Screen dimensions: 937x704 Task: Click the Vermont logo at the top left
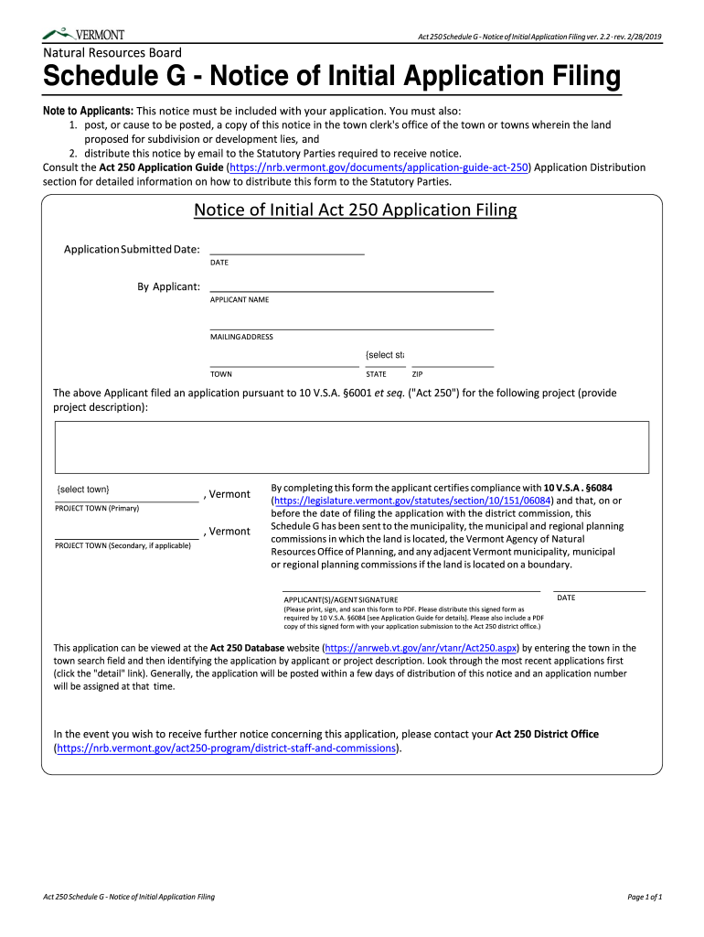[x=84, y=34]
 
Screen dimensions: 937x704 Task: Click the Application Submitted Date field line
[x=286, y=248]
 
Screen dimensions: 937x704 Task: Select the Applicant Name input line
[x=351, y=285]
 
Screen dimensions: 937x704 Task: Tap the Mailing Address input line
[x=351, y=323]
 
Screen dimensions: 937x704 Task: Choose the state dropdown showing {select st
[x=385, y=356]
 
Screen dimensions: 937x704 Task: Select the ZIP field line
[x=453, y=360]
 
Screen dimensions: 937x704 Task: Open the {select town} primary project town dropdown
[x=126, y=490]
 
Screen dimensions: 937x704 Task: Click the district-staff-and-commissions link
[x=228, y=749]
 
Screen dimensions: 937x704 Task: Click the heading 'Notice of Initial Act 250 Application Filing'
[x=355, y=210]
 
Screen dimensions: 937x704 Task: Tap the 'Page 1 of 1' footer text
[x=644, y=897]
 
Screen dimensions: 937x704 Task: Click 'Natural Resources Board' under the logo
[x=112, y=53]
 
